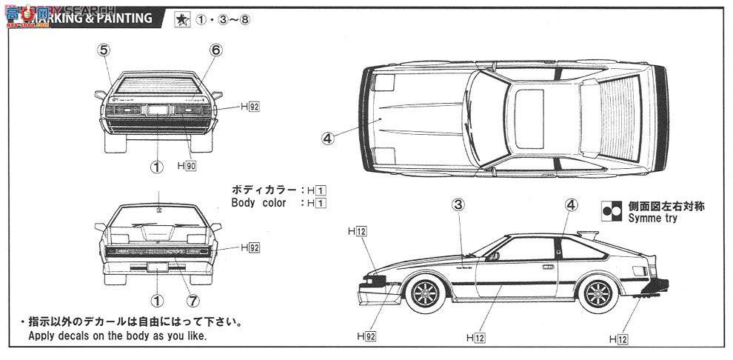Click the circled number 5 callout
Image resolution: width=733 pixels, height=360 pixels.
(x=104, y=50)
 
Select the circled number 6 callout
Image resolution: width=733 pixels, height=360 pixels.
(x=215, y=50)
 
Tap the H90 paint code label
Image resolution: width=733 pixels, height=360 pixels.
(x=188, y=167)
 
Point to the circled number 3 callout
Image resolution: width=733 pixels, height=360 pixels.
(x=458, y=205)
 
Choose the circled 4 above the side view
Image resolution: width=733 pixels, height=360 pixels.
(x=571, y=205)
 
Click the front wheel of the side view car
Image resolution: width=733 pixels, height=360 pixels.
(x=426, y=291)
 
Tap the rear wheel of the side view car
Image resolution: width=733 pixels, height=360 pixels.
(x=599, y=291)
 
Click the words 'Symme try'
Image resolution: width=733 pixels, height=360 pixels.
(x=654, y=219)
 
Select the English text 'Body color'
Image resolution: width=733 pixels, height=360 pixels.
(x=258, y=202)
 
